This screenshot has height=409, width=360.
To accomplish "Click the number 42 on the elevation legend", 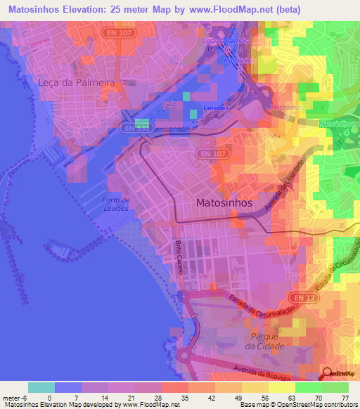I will pyautogui.click(x=188, y=398).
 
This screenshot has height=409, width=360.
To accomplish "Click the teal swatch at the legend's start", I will pyautogui.click(x=41, y=387).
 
